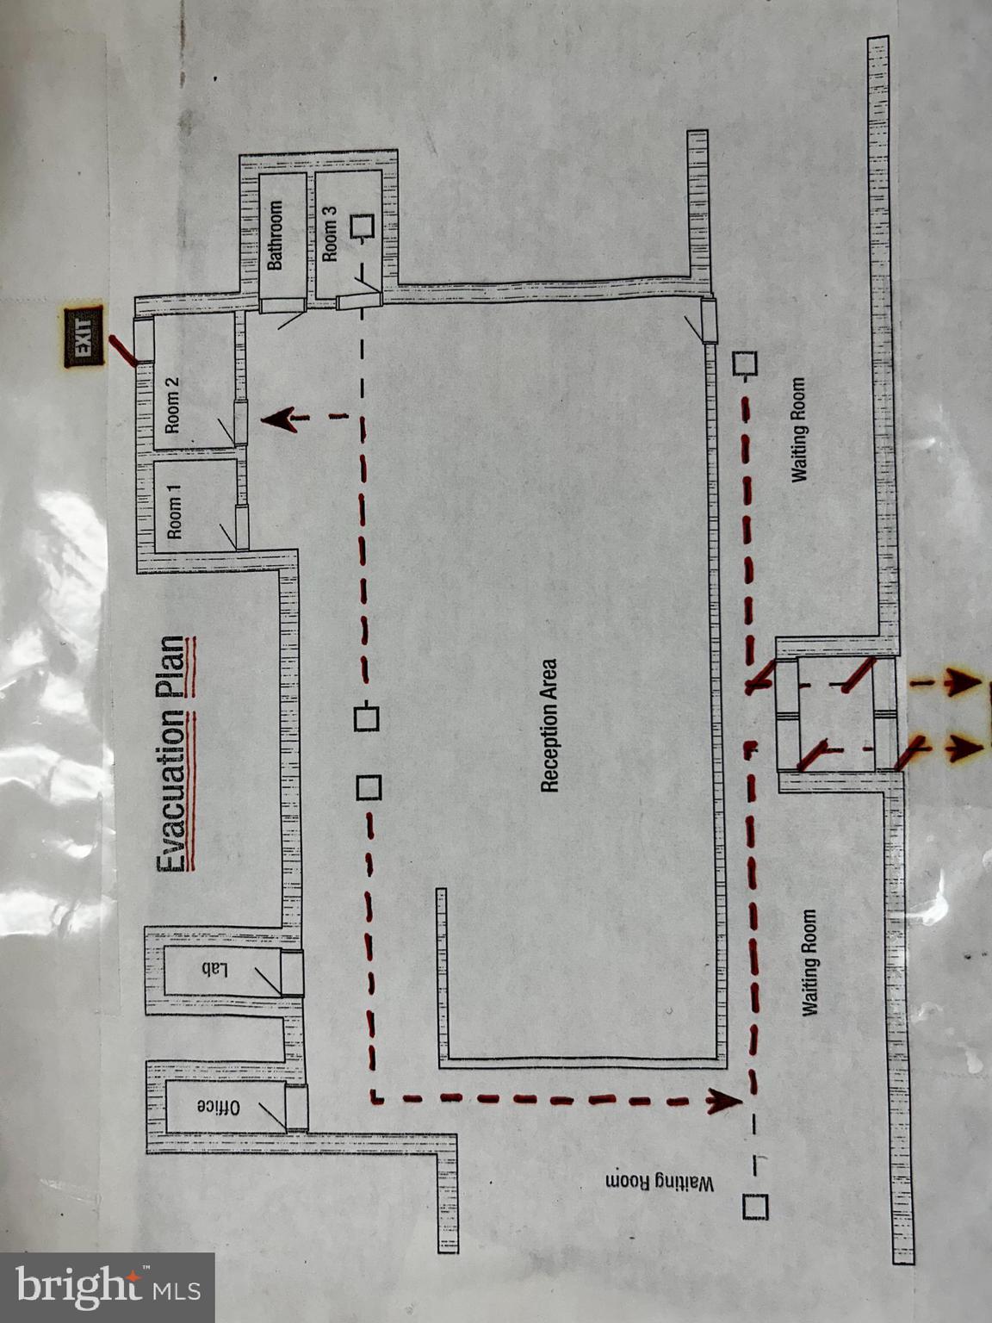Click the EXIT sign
tap(84, 335)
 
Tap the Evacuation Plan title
tap(175, 755)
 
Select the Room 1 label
tap(175, 512)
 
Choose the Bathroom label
tap(275, 235)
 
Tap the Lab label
tap(214, 970)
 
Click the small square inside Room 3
tap(362, 227)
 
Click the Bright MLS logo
tap(108, 1287)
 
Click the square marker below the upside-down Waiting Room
tap(754, 1207)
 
